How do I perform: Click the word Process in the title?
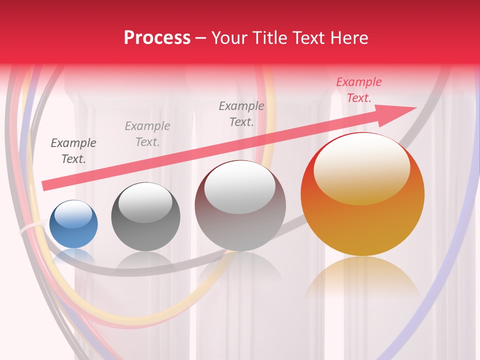click(157, 38)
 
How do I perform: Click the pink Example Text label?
click(358, 90)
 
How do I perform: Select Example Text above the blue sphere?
click(73, 150)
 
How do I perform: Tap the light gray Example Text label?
click(147, 133)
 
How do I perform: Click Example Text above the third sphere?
click(241, 113)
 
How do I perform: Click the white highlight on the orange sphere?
click(361, 169)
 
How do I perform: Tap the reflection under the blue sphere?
click(73, 255)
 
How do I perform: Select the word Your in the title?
click(227, 38)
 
